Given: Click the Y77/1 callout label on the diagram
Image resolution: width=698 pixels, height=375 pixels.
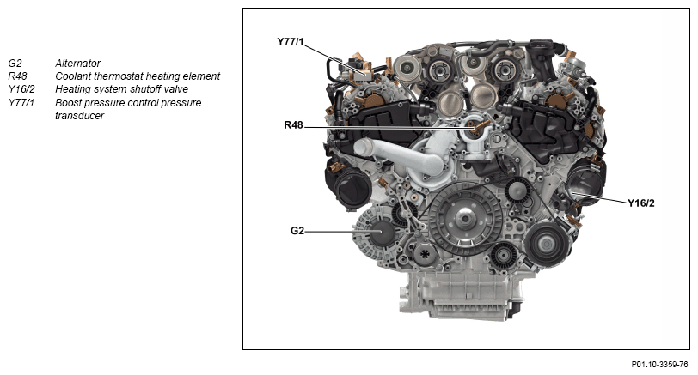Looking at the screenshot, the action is pyautogui.click(x=291, y=42).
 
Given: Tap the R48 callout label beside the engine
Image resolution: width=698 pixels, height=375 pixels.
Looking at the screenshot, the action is pyautogui.click(x=293, y=125).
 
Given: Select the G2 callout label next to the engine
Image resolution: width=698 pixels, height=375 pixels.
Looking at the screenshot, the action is pyautogui.click(x=297, y=231).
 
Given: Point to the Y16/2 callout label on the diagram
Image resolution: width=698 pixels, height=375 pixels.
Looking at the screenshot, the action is pyautogui.click(x=641, y=203).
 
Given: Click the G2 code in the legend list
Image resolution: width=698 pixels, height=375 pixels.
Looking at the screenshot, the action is pyautogui.click(x=15, y=64).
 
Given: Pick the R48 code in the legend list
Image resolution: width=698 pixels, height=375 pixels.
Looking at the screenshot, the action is pyautogui.click(x=17, y=76).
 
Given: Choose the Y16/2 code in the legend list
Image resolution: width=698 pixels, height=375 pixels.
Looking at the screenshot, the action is pyautogui.click(x=21, y=89).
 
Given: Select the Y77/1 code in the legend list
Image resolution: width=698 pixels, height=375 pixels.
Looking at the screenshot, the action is pyautogui.click(x=21, y=103).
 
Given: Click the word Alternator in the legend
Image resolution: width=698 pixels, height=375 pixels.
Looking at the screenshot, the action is pyautogui.click(x=78, y=64).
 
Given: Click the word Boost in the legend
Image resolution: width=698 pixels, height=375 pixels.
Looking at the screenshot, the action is pyautogui.click(x=67, y=103).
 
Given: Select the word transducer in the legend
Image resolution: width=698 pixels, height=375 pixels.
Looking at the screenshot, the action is pyautogui.click(x=79, y=116).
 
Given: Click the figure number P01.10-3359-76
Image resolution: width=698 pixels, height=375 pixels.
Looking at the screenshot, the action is pyautogui.click(x=659, y=365).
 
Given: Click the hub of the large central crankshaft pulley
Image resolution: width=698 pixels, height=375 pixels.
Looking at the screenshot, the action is pyautogui.click(x=465, y=219).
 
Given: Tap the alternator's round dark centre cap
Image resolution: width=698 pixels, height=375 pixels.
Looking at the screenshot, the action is pyautogui.click(x=382, y=233).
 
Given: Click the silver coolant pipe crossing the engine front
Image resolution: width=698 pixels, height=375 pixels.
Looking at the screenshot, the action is pyautogui.click(x=400, y=158).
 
